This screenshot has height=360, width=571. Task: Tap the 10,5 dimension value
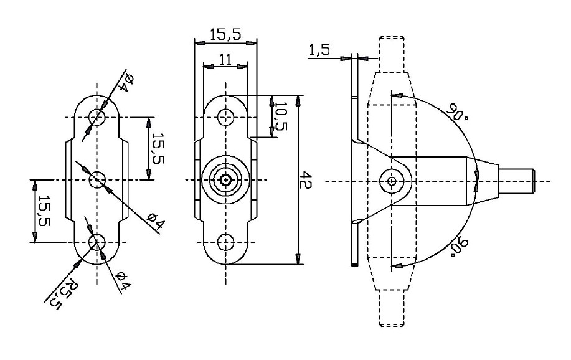(x=281, y=116)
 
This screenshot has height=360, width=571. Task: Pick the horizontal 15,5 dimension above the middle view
(x=225, y=36)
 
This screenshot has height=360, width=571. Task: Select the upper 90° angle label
(x=457, y=113)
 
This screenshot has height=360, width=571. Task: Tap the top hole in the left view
(x=97, y=117)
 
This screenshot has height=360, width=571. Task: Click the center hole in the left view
(x=97, y=180)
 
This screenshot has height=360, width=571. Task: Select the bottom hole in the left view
(x=97, y=242)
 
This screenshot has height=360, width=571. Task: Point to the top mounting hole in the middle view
(x=225, y=116)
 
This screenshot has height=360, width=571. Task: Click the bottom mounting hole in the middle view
(x=225, y=242)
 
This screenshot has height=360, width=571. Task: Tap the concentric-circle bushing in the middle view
(x=225, y=180)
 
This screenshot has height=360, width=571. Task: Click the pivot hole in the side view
(x=391, y=181)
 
